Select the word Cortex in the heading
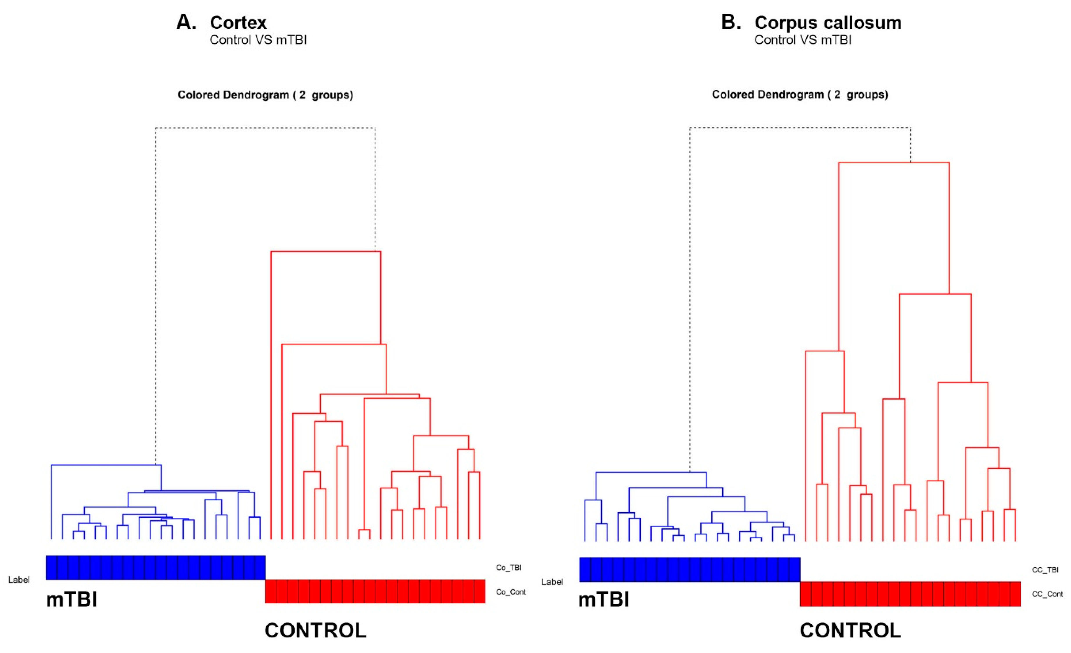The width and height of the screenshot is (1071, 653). click(238, 23)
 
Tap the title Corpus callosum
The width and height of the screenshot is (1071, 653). click(828, 23)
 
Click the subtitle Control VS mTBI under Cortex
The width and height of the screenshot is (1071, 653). click(258, 40)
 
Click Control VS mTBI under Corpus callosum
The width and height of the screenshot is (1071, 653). click(803, 40)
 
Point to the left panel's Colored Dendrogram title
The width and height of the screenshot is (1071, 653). click(265, 95)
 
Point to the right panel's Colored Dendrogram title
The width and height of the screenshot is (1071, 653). click(800, 95)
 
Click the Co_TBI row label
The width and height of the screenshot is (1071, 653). click(508, 567)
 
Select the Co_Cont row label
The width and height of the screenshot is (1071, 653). click(511, 592)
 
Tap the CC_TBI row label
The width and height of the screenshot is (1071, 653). click(1045, 570)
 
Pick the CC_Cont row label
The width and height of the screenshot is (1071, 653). click(1047, 594)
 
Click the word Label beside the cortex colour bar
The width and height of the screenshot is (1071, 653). click(19, 580)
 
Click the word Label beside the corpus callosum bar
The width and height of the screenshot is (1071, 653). click(552, 582)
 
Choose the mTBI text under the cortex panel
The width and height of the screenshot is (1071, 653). click(72, 600)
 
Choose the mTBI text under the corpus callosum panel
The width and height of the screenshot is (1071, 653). click(604, 600)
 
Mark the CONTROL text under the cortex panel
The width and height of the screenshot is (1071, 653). click(316, 630)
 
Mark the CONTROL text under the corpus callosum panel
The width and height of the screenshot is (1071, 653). click(851, 630)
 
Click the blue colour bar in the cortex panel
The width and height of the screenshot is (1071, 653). click(156, 567)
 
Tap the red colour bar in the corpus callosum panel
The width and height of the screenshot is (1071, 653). click(910, 594)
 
